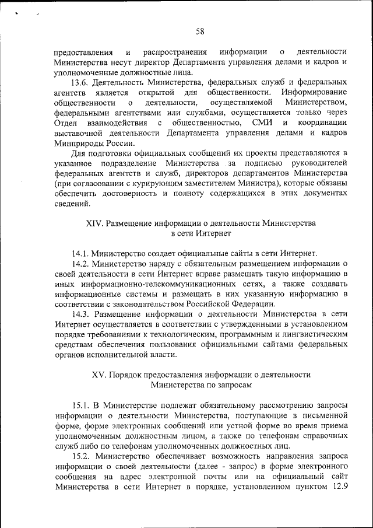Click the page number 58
[199, 31]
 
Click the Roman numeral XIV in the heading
[95, 223]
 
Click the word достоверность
[135, 194]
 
